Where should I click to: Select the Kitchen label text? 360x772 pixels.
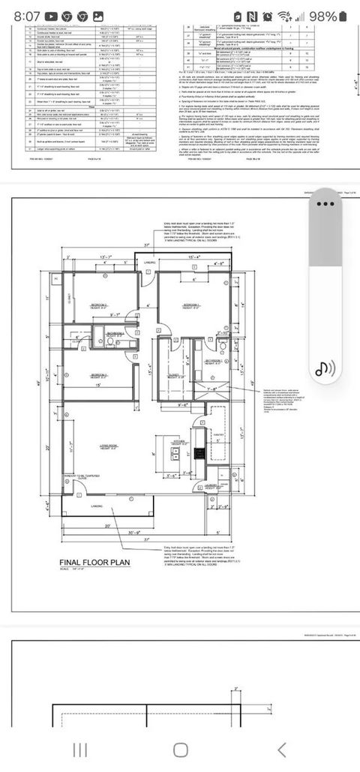pos(179,442)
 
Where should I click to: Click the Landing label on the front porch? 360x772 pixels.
pos(97,506)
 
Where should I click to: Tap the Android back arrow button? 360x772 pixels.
pos(281,749)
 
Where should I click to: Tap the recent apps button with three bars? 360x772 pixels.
pos(79,749)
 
